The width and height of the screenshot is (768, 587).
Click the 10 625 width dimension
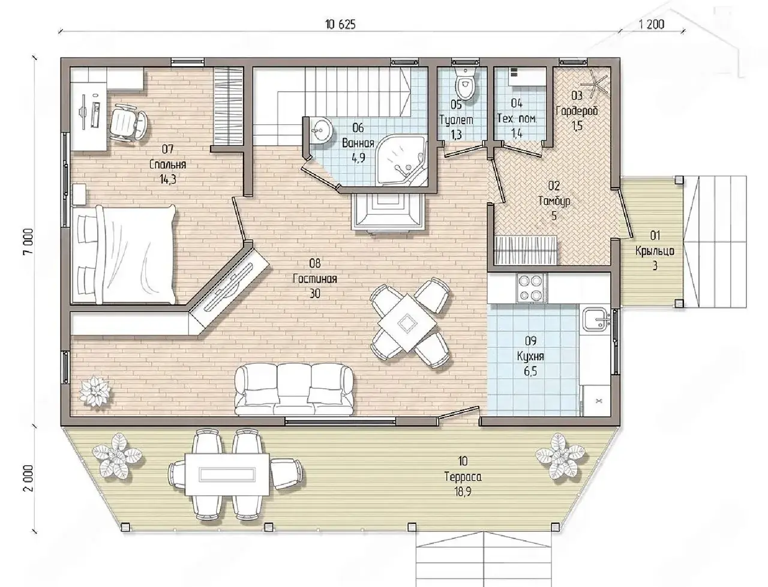coord(340,25)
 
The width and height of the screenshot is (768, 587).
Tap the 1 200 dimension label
coord(652,25)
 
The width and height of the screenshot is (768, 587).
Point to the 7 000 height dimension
coord(28,241)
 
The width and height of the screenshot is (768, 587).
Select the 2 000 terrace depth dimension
coord(28,478)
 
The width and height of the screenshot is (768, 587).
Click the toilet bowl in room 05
coord(465,83)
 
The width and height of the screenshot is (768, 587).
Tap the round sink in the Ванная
coord(320,130)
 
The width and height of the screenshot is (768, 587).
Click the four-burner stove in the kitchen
coord(531,289)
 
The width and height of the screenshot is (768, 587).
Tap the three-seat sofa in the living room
coord(293,390)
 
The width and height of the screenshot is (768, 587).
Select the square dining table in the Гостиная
coord(407,323)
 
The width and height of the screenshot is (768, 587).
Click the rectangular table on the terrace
coord(227,475)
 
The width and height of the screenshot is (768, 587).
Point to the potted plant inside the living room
coord(95,391)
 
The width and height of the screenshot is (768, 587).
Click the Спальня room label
coord(167,164)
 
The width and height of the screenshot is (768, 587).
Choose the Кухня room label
coord(530,357)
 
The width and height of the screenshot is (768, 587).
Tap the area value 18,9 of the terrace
coord(463,492)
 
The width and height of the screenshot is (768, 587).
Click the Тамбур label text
coord(554,200)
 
